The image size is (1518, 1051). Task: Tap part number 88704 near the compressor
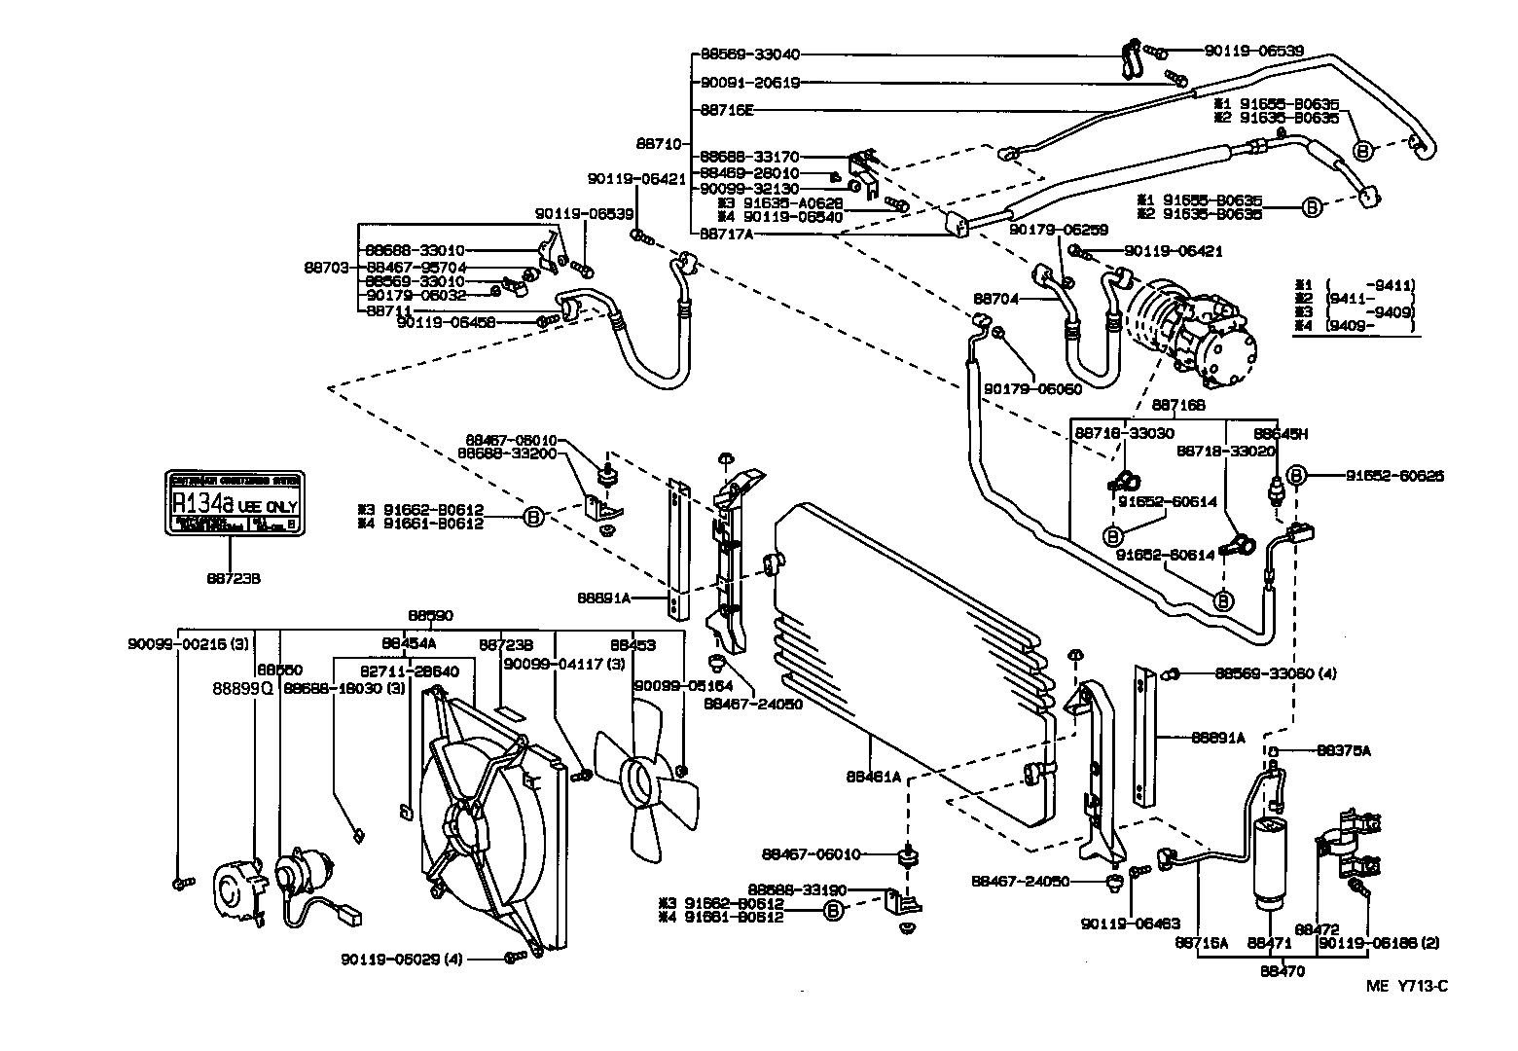995,300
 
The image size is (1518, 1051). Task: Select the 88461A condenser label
873,777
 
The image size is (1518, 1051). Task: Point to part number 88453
633,644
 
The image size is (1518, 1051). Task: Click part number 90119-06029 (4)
403,959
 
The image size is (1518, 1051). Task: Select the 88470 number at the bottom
1283,970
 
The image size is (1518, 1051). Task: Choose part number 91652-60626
1394,476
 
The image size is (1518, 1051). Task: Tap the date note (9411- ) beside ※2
1368,299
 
